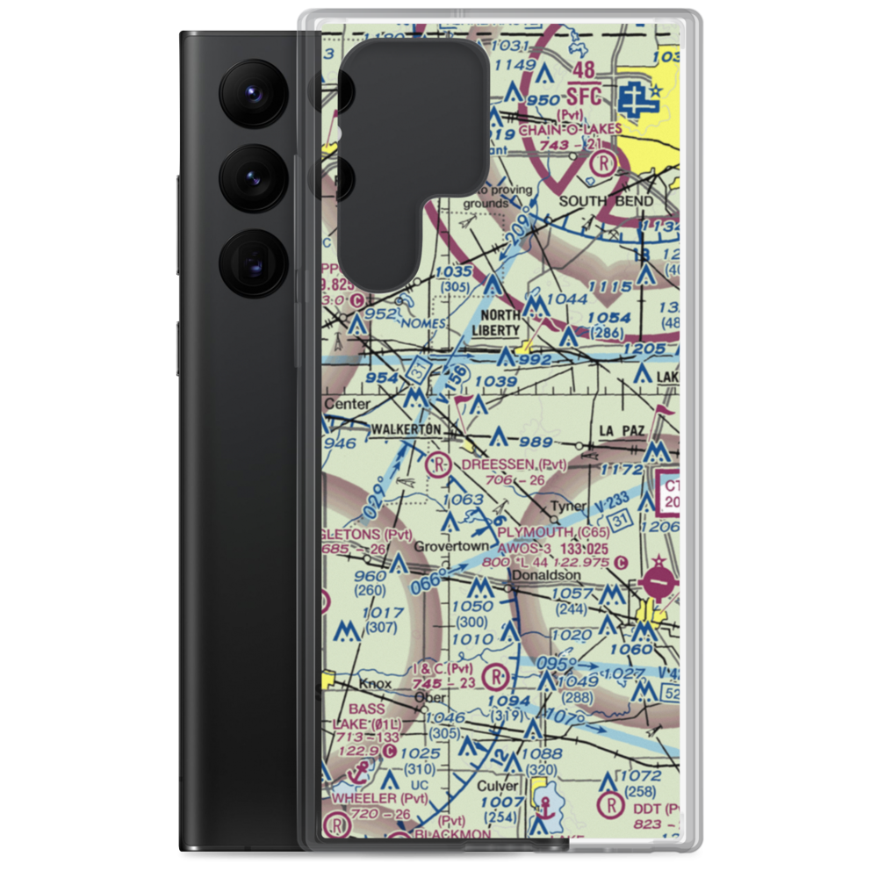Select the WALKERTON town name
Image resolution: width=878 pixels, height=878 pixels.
pyautogui.click(x=406, y=428)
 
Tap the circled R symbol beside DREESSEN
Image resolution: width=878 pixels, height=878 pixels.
pyautogui.click(x=440, y=463)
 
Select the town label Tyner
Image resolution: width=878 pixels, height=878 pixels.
pyautogui.click(x=567, y=507)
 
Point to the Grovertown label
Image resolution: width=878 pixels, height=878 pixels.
pyautogui.click(x=450, y=546)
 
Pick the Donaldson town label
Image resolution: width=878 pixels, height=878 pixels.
pyautogui.click(x=543, y=575)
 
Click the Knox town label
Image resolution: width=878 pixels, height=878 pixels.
pyautogui.click(x=373, y=683)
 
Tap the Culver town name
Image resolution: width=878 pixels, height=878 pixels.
pyautogui.click(x=498, y=787)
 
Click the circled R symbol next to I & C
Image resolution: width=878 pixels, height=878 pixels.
pyautogui.click(x=496, y=677)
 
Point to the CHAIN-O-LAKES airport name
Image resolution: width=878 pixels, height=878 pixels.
pyautogui.click(x=571, y=129)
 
